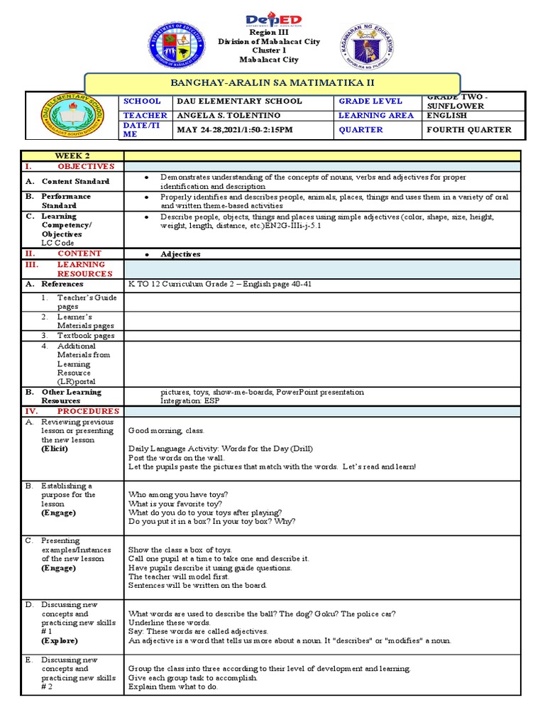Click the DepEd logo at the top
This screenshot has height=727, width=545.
click(273, 20)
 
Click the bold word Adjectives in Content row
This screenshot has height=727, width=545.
click(180, 253)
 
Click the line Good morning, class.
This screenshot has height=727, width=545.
click(166, 431)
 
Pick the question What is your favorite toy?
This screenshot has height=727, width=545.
click(172, 503)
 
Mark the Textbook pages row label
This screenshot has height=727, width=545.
click(86, 335)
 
